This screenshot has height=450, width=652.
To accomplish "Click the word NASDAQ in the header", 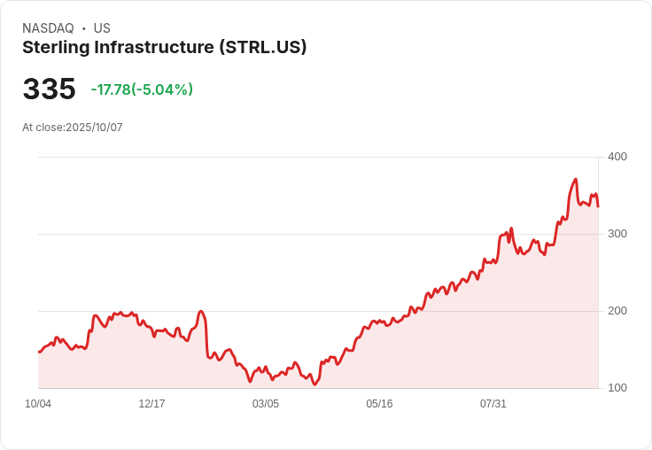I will tap(48, 28).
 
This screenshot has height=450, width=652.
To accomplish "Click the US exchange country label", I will tap(102, 28).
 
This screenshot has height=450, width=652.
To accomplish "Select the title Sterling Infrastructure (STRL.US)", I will tap(164, 48).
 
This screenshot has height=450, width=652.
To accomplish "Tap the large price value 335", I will tap(49, 89).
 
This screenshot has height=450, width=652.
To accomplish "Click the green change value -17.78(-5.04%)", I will tap(142, 89).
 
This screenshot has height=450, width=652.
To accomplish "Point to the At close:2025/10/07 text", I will tap(73, 128).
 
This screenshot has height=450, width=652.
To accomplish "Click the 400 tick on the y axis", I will tap(617, 157).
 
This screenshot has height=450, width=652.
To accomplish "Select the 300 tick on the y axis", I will tap(617, 234).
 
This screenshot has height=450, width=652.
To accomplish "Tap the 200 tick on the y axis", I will tap(617, 311).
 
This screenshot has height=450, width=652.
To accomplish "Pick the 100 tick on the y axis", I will tap(617, 388).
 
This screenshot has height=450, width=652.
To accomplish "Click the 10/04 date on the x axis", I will tap(38, 404).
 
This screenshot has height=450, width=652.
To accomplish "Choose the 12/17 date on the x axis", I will tap(151, 404).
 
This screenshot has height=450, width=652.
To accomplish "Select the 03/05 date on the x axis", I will tap(266, 404).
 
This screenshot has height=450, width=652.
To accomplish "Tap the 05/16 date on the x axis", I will tap(379, 404).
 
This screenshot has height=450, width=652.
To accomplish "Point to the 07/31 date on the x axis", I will tap(493, 404).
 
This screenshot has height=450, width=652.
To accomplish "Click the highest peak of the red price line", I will tap(576, 180).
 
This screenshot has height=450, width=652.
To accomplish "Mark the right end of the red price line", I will tap(598, 206).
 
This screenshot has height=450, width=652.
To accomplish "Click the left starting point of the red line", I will tap(39, 352).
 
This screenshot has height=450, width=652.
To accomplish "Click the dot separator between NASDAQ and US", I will tap(83, 28).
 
